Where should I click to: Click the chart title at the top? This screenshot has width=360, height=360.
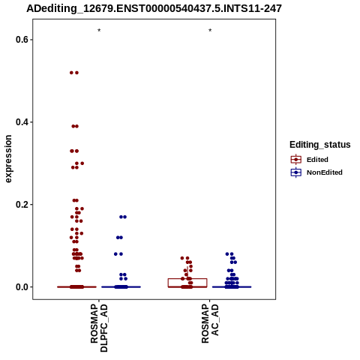click(x=154, y=8)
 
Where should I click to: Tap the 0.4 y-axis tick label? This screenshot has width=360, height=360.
click(x=21, y=122)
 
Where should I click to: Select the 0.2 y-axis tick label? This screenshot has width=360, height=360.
click(x=21, y=205)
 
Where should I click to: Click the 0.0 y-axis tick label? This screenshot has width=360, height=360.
click(x=21, y=287)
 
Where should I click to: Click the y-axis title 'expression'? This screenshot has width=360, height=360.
click(x=8, y=159)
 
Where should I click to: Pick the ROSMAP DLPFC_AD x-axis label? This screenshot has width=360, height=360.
click(x=99, y=328)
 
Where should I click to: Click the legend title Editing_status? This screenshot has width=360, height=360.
click(x=320, y=145)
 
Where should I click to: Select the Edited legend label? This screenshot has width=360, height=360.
click(x=317, y=160)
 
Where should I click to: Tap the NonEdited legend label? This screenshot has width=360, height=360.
click(x=325, y=172)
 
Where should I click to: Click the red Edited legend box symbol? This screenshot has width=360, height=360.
click(x=296, y=159)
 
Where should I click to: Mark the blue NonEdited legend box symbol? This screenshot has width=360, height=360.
click(x=296, y=172)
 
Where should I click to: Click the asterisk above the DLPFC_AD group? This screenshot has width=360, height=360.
click(x=99, y=30)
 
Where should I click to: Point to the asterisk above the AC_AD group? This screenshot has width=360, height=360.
click(x=210, y=30)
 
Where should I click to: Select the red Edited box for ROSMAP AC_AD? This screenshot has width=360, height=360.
click(x=187, y=278)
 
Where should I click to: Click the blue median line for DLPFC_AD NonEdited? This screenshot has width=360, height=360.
click(x=121, y=287)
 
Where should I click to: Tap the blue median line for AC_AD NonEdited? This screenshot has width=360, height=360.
click(x=232, y=287)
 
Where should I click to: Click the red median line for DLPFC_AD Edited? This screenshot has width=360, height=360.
click(x=76, y=287)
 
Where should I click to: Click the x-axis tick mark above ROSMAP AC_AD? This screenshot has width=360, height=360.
click(x=210, y=301)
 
